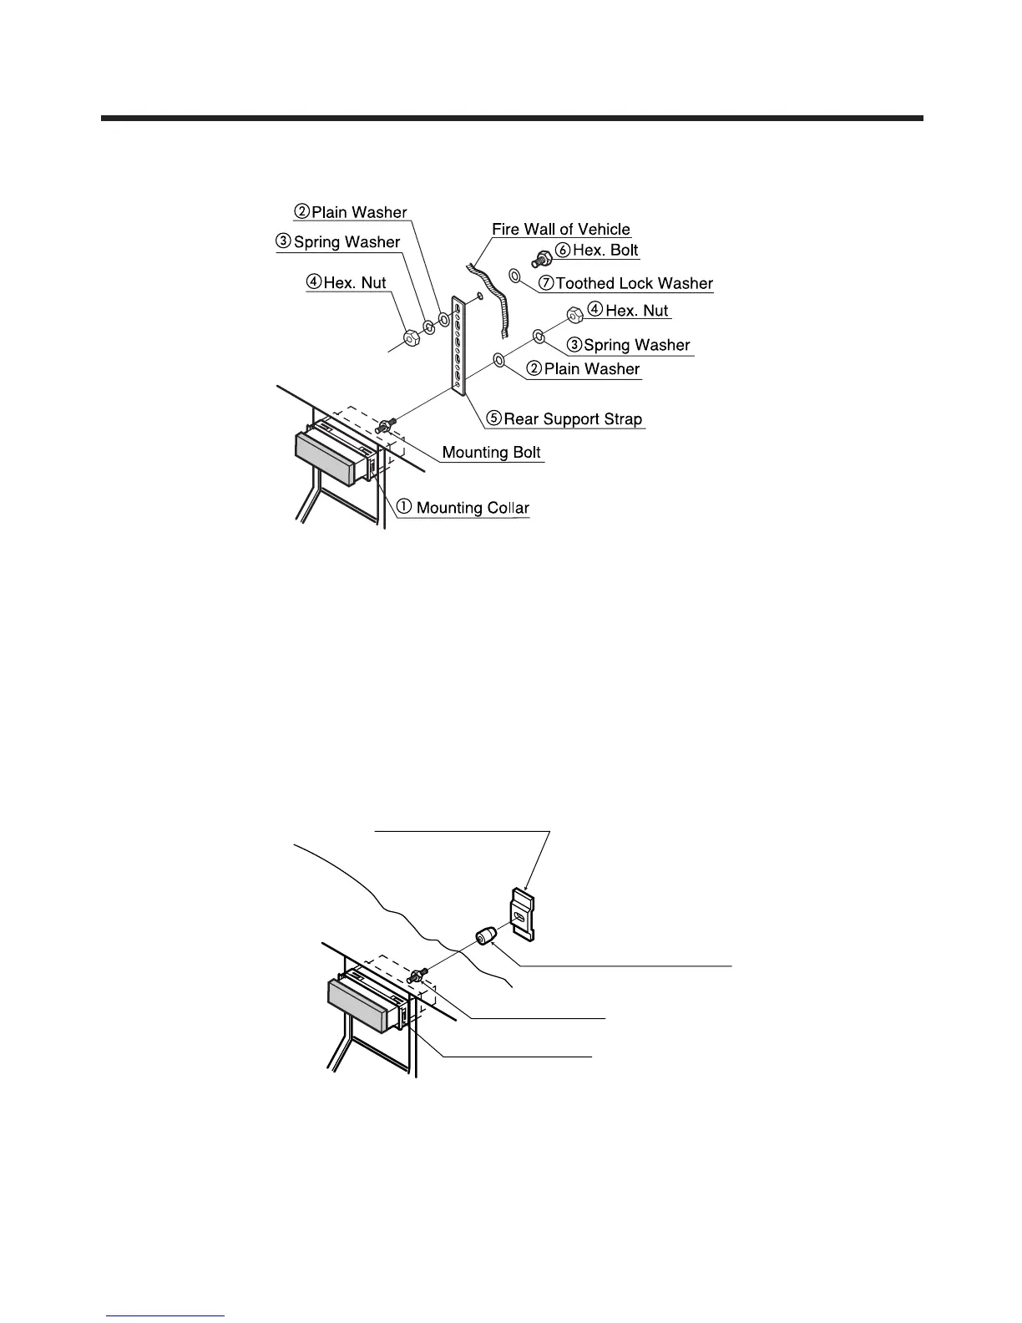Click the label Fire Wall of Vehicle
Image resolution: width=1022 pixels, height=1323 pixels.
pos(560,230)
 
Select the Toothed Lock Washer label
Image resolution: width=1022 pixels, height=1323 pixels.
pos(634,284)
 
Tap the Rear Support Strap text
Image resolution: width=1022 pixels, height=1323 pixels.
pos(573,419)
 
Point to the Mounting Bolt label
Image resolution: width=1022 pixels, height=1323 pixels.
pos(491,453)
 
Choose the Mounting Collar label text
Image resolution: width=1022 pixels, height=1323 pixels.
pos(472,508)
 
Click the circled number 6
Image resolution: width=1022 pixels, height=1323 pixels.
pos(564,251)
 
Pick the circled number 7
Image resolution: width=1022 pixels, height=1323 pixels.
pos(547,284)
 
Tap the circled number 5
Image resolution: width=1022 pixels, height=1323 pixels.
pos(495,419)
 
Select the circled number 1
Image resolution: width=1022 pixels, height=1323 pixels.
pos(404,507)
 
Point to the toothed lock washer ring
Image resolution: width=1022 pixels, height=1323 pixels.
pos(515,276)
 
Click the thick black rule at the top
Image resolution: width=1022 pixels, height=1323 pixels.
pos(512,119)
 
